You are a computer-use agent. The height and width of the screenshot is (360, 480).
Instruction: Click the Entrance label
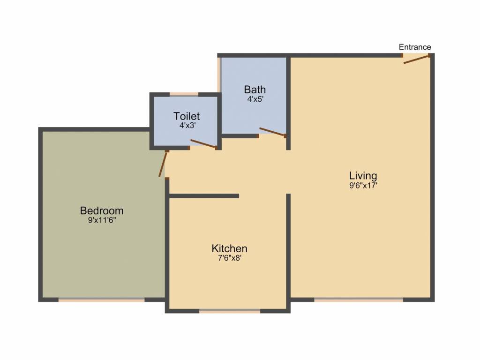pyautogui.click(x=415, y=47)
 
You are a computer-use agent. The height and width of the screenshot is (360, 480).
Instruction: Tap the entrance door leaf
pyautogui.click(x=415, y=60)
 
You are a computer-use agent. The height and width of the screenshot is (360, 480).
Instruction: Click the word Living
pyautogui.click(x=363, y=176)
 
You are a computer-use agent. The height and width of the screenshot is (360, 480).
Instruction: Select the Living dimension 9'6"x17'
pyautogui.click(x=363, y=186)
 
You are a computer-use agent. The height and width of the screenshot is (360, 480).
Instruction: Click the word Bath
pyautogui.click(x=255, y=90)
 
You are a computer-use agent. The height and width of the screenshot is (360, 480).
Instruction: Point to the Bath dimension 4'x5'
pyautogui.click(x=255, y=99)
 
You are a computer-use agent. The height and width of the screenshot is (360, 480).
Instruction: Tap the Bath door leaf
pyautogui.click(x=272, y=131)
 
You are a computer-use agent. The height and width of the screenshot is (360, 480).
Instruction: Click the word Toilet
pyautogui.click(x=187, y=116)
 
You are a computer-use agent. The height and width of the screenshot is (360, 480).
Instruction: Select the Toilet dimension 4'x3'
pyautogui.click(x=187, y=126)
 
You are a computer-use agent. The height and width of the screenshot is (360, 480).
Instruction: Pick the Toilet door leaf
pyautogui.click(x=203, y=144)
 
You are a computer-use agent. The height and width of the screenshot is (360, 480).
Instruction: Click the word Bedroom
pyautogui.click(x=102, y=210)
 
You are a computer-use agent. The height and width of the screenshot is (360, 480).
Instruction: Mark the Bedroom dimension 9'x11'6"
pyautogui.click(x=102, y=220)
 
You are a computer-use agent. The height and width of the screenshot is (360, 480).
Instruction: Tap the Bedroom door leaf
pyautogui.click(x=163, y=164)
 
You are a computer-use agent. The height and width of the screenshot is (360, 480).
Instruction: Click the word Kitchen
pyautogui.click(x=229, y=248)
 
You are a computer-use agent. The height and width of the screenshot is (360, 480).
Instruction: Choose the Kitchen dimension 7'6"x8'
pyautogui.click(x=230, y=258)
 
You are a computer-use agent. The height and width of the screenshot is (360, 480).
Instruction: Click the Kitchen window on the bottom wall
pyautogui.click(x=230, y=311)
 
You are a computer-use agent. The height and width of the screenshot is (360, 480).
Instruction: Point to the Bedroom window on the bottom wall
pyautogui.click(x=101, y=300)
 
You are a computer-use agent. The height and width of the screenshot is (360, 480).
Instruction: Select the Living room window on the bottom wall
pyautogui.click(x=359, y=300)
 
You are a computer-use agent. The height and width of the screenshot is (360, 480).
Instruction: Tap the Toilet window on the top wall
pyautogui.click(x=184, y=94)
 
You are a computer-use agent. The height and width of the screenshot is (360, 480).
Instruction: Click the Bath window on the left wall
pyautogui.click(x=219, y=75)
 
